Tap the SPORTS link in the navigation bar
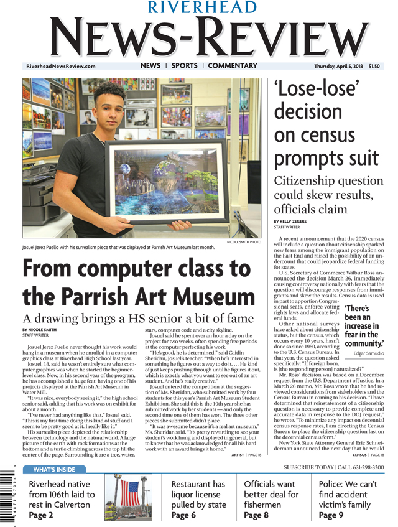click(x=184, y=66)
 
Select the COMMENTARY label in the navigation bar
click(x=233, y=66)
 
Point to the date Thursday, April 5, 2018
click(x=338, y=67)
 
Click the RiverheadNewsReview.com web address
click(x=61, y=67)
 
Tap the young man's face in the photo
click(x=112, y=108)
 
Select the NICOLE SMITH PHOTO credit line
click(x=244, y=241)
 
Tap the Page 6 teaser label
click(x=183, y=516)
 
